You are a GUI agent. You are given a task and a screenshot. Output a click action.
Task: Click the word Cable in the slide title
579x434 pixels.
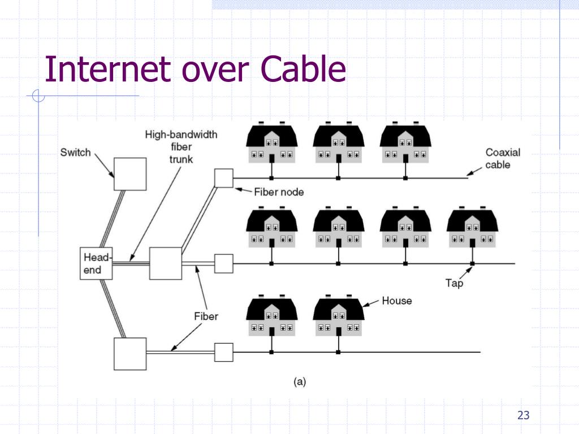(x=303, y=70)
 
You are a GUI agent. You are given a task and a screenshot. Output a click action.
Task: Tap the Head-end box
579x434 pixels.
(x=96, y=263)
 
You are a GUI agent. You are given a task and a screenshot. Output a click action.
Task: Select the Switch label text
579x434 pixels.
(x=75, y=153)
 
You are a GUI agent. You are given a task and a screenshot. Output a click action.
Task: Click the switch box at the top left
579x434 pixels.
(x=129, y=174)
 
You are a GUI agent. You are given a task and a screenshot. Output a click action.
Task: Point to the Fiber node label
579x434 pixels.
(x=278, y=192)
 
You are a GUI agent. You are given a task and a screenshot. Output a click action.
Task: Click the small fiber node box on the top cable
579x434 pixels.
(x=224, y=178)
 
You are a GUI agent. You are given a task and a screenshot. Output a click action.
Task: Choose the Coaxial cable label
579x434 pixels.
(x=502, y=158)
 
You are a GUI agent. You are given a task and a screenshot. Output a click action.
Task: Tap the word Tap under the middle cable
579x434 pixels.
(x=454, y=283)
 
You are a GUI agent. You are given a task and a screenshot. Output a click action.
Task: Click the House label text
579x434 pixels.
(x=397, y=301)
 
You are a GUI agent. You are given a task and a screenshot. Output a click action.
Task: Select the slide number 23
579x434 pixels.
(x=523, y=416)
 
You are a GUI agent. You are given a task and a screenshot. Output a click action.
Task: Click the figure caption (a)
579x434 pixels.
(x=300, y=382)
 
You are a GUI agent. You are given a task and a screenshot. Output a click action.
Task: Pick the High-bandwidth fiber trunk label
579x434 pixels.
(x=181, y=147)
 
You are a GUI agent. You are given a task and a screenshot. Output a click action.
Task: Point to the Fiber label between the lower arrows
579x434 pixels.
(x=206, y=316)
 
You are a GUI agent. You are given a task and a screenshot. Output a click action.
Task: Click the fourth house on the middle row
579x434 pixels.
(x=472, y=229)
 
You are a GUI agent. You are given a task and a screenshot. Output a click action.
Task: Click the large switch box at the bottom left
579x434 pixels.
(x=130, y=354)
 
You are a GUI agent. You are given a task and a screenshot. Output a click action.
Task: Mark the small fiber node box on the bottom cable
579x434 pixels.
(x=224, y=352)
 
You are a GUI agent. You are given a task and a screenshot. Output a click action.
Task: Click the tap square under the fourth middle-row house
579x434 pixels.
(x=472, y=264)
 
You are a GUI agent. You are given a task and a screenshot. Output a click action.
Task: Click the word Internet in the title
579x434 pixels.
(x=107, y=70)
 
